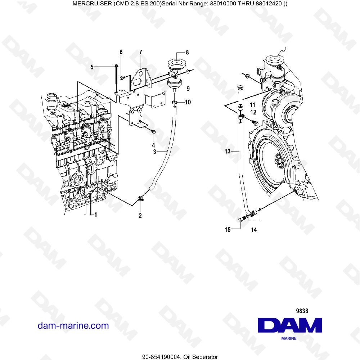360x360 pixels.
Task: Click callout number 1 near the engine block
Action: point(96,215)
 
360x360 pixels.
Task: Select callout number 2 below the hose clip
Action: point(140,216)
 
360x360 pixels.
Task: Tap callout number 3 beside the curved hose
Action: point(154,152)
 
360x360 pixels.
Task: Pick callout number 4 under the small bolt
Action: point(153,145)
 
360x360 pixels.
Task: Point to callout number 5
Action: point(92,67)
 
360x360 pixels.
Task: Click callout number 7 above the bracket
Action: point(141,52)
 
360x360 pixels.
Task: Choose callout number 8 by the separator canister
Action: point(187,52)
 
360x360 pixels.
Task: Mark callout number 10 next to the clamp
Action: point(188,102)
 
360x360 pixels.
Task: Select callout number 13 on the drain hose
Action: point(227,152)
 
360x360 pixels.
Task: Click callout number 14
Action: point(254,230)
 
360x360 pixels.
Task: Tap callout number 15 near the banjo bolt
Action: point(228,230)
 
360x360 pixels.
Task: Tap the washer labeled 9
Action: point(188,73)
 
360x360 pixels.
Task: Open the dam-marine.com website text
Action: point(73,326)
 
